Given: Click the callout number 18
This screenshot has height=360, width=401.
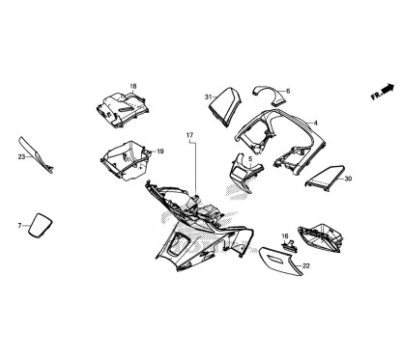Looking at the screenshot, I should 133,86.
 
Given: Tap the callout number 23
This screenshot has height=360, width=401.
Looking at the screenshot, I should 21,155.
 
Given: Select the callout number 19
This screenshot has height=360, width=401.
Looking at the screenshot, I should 159,152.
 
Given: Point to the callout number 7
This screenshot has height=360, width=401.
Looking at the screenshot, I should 18,225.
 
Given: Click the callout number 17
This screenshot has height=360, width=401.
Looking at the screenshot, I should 189,135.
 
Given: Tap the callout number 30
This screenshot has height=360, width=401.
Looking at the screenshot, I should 348,179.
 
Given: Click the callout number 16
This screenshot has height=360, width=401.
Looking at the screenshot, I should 285,235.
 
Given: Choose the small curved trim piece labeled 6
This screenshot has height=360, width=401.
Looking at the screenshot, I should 265,91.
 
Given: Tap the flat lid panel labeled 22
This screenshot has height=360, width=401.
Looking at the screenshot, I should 280,262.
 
